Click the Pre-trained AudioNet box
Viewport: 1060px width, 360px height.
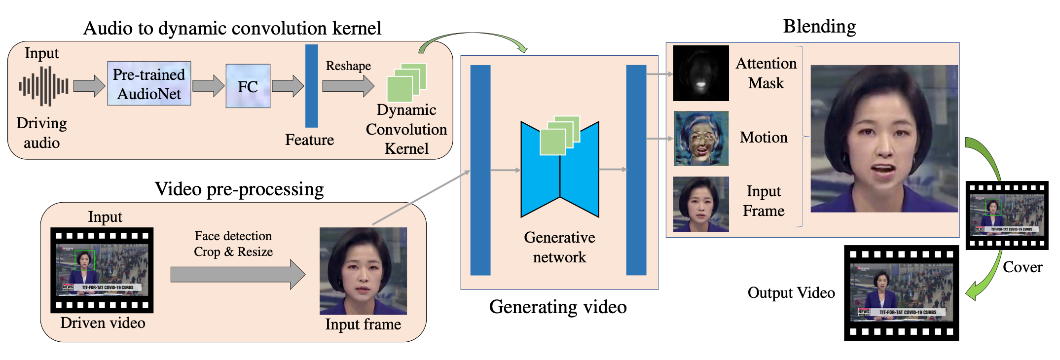149,84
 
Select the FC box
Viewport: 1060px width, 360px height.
248,86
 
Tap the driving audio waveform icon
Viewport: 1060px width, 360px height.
43,86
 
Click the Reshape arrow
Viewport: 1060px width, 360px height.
348,86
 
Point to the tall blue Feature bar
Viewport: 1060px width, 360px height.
311,86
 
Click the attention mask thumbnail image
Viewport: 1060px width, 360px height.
700,73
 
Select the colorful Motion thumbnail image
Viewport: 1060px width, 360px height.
700,139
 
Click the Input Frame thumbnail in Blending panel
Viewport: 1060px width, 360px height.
700,204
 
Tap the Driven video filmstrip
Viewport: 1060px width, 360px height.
102,270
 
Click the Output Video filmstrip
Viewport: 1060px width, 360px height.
901,293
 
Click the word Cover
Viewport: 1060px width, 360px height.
1023,267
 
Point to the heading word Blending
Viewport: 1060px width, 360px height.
819,27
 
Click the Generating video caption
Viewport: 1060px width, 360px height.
558,307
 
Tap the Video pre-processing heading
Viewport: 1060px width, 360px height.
239,189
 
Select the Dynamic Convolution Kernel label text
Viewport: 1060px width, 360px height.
406,129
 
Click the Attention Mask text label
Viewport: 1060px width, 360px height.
766,73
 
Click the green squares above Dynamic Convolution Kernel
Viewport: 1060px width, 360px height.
406,82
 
